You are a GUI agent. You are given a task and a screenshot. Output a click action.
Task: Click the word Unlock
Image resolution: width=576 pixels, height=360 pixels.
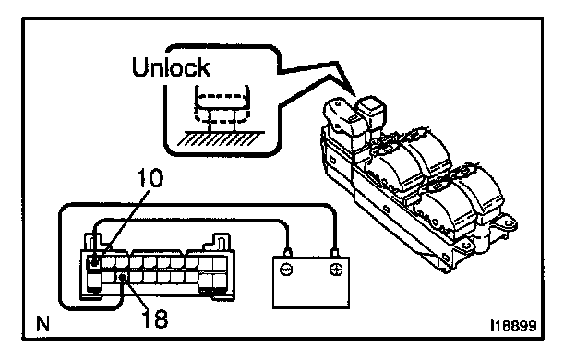[171, 66]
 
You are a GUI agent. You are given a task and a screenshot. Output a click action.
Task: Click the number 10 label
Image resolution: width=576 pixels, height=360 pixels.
[150, 178]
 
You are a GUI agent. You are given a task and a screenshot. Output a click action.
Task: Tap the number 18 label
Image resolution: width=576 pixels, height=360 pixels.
[155, 318]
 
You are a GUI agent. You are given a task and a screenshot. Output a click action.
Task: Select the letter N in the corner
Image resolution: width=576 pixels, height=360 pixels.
[43, 324]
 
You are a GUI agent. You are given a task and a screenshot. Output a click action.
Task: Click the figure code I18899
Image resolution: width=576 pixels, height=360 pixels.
[513, 326]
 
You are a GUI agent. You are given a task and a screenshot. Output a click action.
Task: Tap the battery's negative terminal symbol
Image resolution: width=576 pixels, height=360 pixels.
[286, 270]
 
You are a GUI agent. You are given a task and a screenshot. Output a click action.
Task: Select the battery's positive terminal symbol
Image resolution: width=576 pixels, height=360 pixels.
[335, 270]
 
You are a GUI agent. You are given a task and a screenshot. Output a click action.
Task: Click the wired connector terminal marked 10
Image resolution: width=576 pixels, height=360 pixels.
[94, 262]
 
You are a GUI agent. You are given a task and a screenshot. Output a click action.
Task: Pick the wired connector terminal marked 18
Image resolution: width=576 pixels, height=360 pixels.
[123, 277]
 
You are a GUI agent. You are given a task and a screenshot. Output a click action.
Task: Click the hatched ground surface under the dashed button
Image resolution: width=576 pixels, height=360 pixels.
[221, 138]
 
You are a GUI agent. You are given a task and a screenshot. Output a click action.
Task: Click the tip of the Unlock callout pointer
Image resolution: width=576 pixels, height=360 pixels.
[354, 95]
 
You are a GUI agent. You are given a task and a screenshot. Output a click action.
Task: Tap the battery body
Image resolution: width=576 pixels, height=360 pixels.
[311, 282]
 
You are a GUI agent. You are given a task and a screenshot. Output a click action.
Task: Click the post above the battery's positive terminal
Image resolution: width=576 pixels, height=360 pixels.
[334, 253]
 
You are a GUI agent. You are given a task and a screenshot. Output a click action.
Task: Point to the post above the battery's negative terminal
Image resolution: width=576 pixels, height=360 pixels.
[288, 253]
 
